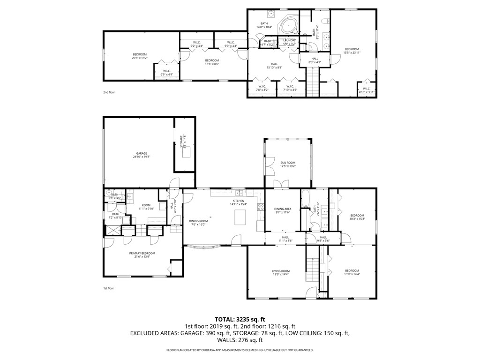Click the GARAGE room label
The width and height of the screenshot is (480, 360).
[142, 153]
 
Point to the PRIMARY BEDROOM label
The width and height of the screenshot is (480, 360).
[142, 253]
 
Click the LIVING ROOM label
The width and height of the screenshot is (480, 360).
[281, 271]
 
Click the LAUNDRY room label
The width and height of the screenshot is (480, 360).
[289, 40]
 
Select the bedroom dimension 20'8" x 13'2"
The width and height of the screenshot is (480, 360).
[140, 58]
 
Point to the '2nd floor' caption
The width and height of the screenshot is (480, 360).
[109, 92]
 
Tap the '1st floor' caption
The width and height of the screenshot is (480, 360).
[108, 288]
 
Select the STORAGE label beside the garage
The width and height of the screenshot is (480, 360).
[180, 139]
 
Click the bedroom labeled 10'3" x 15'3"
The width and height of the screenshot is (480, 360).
[357, 216]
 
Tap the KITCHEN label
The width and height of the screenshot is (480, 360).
[238, 201]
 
